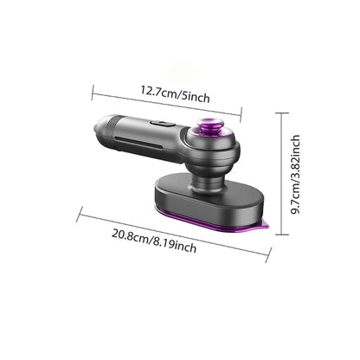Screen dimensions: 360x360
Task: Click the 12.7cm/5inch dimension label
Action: [x=175, y=93]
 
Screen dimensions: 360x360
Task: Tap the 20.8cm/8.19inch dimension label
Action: [x=154, y=241]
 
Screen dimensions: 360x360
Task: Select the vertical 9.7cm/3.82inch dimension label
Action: [x=295, y=174]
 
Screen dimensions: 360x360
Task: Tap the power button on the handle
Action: [x=163, y=124]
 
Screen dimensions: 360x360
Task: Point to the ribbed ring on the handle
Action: [x=112, y=126]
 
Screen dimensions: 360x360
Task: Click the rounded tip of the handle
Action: [x=100, y=125]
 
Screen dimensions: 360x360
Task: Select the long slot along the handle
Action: [x=139, y=144]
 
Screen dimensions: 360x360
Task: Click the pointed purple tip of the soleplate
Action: [x=267, y=225]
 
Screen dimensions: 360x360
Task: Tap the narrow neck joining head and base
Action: [x=207, y=183]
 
